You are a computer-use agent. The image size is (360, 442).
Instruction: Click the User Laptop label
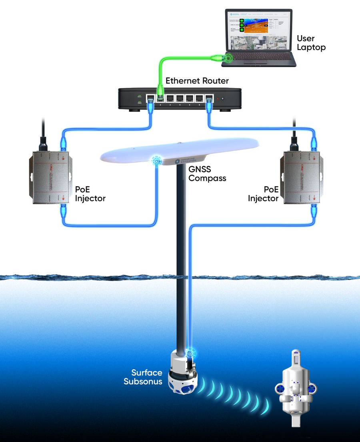[311, 43]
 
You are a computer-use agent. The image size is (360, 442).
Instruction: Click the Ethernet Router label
[197, 81]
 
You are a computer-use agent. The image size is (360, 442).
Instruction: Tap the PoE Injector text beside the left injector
[90, 194]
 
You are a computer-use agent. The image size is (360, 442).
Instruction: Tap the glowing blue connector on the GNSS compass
[156, 162]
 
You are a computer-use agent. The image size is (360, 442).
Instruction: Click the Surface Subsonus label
[143, 377]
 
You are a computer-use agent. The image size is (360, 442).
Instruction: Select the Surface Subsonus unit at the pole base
[183, 374]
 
